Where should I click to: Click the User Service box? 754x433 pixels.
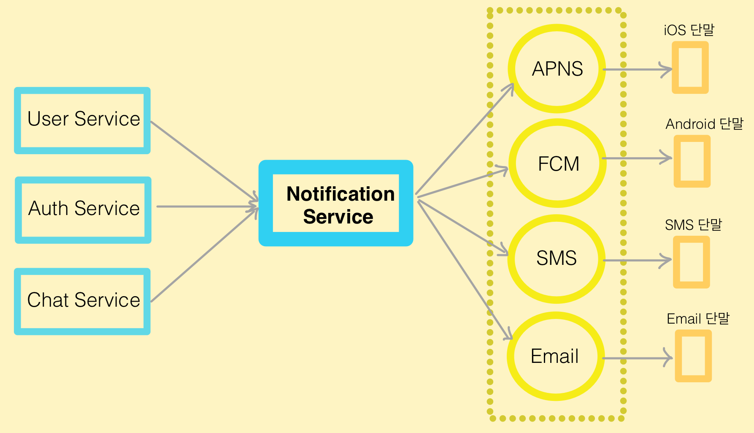83,120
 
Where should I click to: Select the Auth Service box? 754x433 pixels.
83,210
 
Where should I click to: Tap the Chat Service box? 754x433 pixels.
83,301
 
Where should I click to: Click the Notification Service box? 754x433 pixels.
336,203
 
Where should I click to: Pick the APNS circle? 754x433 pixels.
557,69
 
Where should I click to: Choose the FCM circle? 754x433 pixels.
558,163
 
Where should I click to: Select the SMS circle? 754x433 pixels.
556,258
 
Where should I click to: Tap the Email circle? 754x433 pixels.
555,356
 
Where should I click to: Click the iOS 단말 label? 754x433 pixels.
689,30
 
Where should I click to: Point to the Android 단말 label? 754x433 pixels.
704,124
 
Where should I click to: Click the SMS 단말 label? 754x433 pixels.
693,225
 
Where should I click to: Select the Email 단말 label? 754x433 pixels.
698,319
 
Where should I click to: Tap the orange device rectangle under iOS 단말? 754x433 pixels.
690,68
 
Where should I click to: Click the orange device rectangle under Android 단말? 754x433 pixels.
692,161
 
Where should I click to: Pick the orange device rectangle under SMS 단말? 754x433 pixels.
691,262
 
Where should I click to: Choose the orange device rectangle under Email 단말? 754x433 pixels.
693,356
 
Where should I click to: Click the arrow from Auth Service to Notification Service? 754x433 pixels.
207,207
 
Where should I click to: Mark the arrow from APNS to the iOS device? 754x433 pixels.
637,69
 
